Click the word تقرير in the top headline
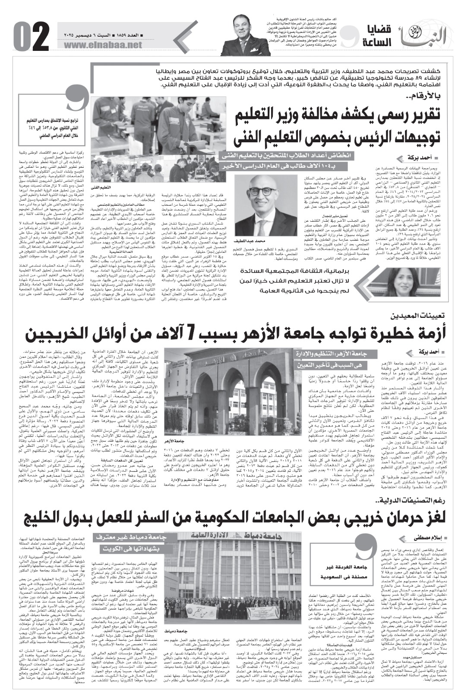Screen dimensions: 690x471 [x=420, y=115]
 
